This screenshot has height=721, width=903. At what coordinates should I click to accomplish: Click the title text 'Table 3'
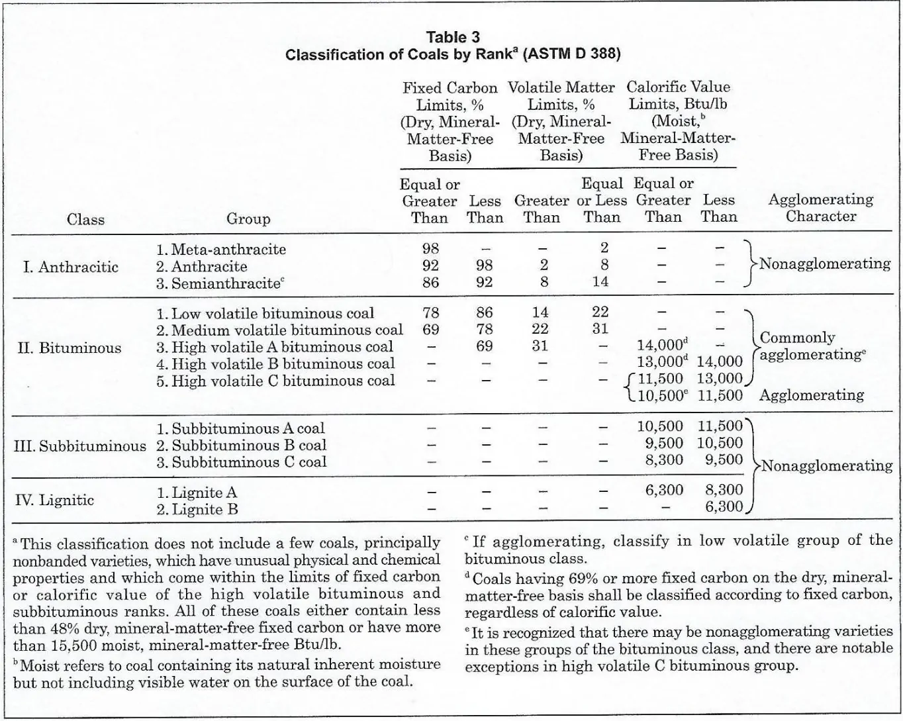tap(453, 37)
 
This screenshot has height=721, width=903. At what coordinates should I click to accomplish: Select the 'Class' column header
tap(85, 219)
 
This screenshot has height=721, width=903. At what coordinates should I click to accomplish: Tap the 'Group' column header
tap(248, 218)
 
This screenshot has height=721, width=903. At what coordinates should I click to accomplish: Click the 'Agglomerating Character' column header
tap(820, 207)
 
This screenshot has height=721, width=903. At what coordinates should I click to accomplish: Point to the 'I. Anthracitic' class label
tap(70, 267)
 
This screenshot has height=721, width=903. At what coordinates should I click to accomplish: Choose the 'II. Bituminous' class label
tap(70, 348)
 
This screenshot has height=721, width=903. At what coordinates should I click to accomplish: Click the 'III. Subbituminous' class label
tap(80, 446)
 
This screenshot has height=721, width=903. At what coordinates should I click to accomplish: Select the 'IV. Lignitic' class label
tap(54, 500)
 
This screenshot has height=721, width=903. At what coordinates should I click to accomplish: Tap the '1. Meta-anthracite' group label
tap(221, 250)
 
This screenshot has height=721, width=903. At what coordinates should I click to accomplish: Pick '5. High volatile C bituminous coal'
tap(275, 381)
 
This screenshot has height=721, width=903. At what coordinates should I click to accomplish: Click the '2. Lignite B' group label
tap(197, 509)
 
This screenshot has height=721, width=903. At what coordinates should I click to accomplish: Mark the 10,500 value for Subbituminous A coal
tap(660, 427)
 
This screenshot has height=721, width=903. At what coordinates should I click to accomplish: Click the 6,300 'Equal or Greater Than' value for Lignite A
tap(664, 490)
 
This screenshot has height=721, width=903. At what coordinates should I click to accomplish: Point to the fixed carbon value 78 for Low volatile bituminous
tap(430, 312)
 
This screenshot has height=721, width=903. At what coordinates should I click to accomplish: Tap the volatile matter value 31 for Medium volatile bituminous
tap(600, 329)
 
